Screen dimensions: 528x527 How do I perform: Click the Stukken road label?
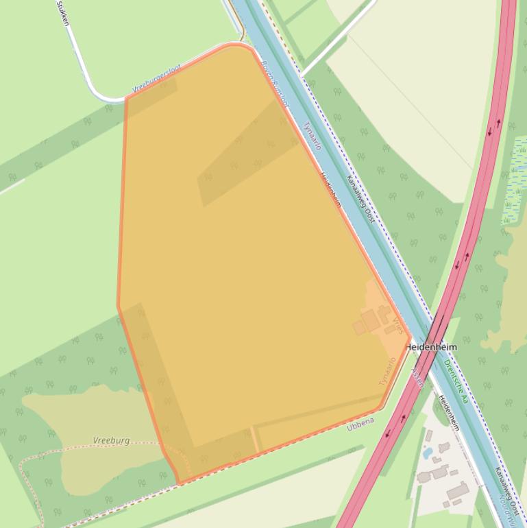tap(62, 12)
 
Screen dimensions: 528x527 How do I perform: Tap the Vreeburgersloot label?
tap(157, 79)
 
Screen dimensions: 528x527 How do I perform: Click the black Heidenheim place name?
tap(430, 348)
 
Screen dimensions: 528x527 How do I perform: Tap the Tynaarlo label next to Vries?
tap(388, 371)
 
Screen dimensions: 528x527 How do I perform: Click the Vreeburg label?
tap(111, 440)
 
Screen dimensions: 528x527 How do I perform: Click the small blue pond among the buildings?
tap(428, 453)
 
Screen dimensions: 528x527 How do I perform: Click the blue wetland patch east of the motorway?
tap(515, 182)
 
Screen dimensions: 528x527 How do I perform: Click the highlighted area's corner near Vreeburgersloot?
tap(127, 97)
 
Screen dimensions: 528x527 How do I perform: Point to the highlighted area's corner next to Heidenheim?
tap(410, 337)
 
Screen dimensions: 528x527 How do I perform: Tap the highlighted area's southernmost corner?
tap(178, 483)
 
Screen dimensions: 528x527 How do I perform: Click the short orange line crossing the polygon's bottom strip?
tap(255, 439)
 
